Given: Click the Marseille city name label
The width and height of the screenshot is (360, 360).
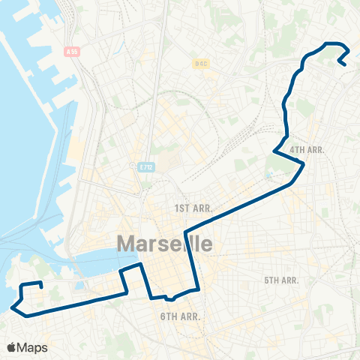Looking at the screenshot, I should [164, 244].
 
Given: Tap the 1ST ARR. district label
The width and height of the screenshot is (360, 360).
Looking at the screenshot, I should [193, 207].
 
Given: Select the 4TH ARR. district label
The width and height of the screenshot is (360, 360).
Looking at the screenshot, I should [307, 150].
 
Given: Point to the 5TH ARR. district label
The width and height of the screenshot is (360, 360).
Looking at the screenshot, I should [281, 280].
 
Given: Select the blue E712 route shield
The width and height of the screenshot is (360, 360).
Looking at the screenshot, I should [145, 166].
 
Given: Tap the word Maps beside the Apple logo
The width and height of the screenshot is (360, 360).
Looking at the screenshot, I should [33, 347].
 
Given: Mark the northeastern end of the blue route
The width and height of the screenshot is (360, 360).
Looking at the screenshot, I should [343, 64].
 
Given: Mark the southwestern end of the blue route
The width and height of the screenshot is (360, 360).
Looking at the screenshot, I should [40, 286].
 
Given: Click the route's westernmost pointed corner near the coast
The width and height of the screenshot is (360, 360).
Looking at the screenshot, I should [12, 305].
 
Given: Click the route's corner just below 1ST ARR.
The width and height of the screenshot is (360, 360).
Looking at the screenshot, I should [185, 229].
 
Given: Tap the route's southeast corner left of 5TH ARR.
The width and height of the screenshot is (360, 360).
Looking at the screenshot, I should [197, 288].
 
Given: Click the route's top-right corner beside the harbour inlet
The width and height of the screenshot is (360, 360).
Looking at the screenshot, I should [139, 265].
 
